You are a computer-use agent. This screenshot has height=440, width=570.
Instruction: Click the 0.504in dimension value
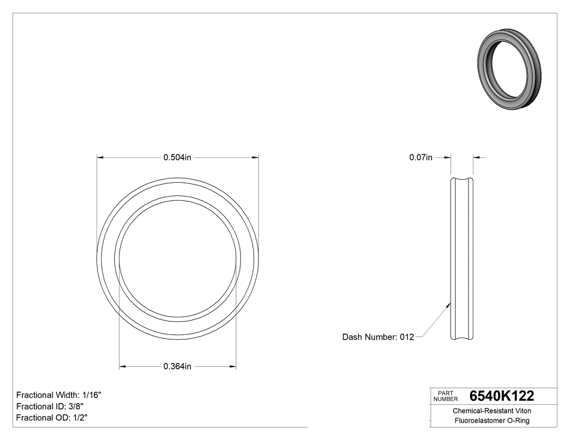click(x=178, y=158)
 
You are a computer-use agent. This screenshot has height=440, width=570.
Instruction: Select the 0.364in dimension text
click(x=178, y=367)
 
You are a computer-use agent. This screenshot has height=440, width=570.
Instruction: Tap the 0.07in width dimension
click(x=421, y=158)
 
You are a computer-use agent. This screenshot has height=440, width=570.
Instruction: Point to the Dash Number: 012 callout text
click(x=378, y=337)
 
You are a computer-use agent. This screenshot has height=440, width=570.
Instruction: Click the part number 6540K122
click(x=502, y=396)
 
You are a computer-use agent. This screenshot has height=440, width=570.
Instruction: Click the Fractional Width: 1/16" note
click(x=59, y=395)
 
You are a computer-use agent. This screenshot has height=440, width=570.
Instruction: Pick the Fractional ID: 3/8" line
click(x=50, y=406)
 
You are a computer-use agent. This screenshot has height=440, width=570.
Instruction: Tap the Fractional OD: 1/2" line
click(x=52, y=418)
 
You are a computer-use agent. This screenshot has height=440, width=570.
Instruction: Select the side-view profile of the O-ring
click(x=462, y=259)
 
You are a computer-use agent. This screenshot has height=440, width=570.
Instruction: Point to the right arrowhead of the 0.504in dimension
click(x=255, y=158)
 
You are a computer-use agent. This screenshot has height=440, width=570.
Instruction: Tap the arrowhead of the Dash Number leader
click(x=448, y=305)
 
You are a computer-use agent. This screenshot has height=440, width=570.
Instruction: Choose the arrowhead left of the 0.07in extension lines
click(x=448, y=158)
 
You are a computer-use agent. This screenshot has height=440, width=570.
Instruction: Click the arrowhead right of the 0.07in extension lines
click(x=477, y=158)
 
